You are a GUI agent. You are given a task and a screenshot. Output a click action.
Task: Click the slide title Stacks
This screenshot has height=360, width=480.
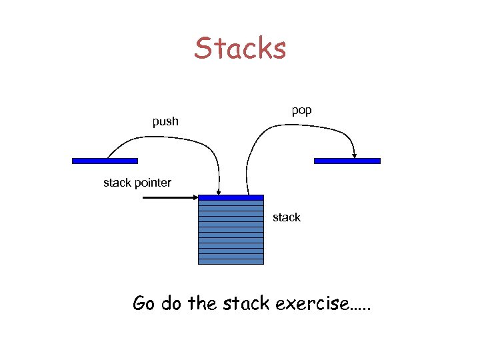coord(240,49)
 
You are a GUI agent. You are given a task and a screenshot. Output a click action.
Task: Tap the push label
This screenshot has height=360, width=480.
coord(165,121)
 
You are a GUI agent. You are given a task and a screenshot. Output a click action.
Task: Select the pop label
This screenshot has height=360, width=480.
coord(301,110)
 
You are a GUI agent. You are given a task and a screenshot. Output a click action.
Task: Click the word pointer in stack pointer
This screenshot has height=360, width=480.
coord(153,183)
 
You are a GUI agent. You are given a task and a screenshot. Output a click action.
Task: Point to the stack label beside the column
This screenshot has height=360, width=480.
coord(287,217)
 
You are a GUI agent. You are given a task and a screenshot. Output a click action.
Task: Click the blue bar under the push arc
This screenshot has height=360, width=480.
coord(105,161)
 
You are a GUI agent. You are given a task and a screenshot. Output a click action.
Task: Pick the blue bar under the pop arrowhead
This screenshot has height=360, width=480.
coord(347,161)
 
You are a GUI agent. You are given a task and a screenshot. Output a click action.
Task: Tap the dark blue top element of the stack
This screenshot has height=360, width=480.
coord(231,197)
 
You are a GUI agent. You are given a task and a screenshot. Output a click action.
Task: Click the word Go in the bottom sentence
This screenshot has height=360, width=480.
coord(143,304)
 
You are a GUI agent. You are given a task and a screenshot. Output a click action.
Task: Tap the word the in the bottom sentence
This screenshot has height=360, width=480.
coord(203,304)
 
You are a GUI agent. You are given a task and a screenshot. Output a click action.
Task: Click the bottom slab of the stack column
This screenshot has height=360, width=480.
coord(231,261)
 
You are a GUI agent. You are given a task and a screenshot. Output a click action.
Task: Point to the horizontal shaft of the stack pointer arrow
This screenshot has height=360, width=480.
coord(167,197)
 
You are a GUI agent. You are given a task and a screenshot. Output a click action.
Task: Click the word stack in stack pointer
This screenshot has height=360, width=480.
coord(117,183)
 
